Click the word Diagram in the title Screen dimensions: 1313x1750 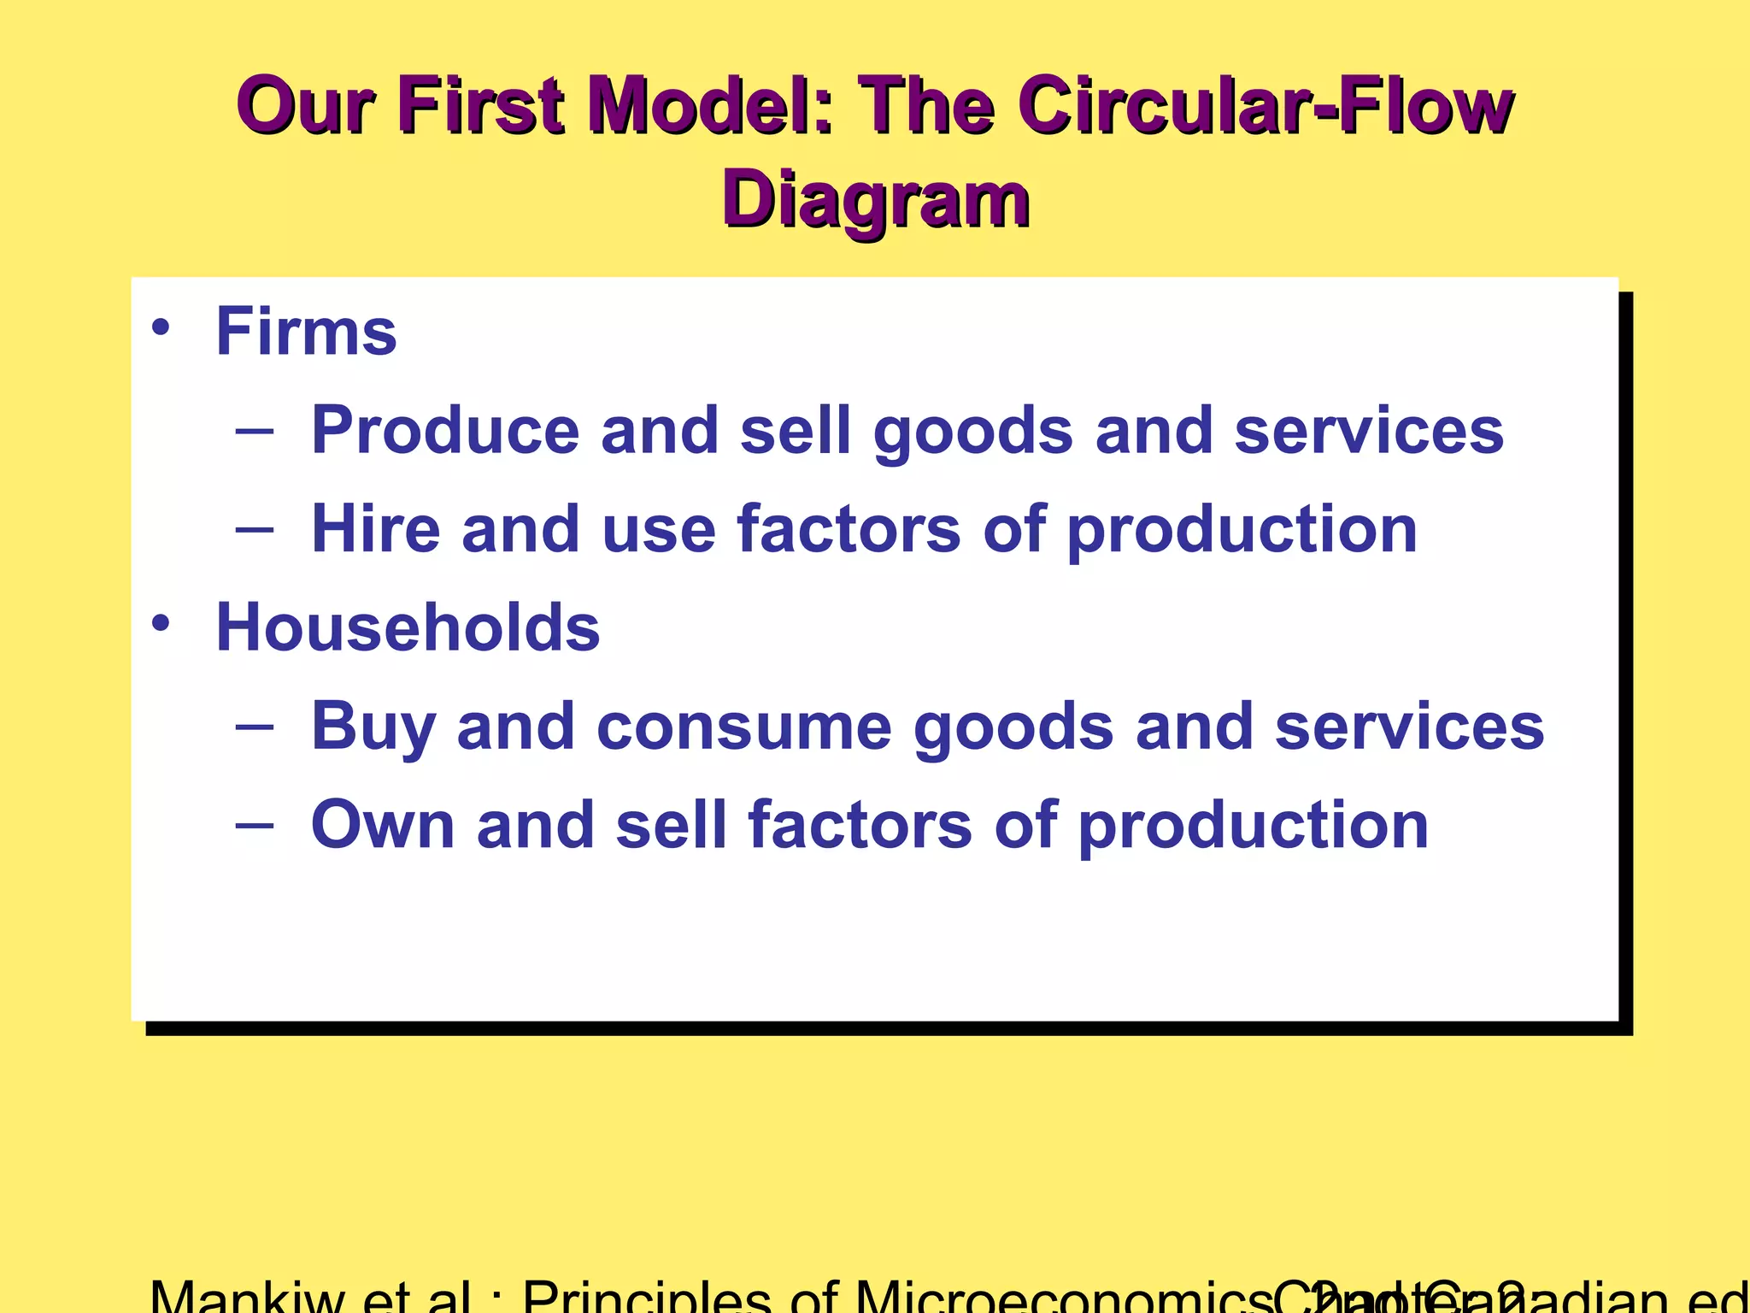(x=876, y=198)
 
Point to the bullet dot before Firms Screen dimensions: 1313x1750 (x=161, y=327)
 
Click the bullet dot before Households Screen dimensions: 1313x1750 (x=161, y=623)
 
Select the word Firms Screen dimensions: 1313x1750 (x=306, y=332)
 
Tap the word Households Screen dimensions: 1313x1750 (x=408, y=627)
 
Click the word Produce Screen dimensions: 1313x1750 (x=444, y=430)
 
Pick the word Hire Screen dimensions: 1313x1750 (x=375, y=529)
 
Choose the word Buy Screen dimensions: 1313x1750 (x=373, y=727)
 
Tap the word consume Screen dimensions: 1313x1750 (x=743, y=727)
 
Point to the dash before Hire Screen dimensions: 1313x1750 (x=255, y=529)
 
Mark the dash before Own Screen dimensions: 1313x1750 (x=255, y=825)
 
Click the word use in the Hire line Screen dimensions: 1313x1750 (x=658, y=529)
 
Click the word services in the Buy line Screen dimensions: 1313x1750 (x=1409, y=727)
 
